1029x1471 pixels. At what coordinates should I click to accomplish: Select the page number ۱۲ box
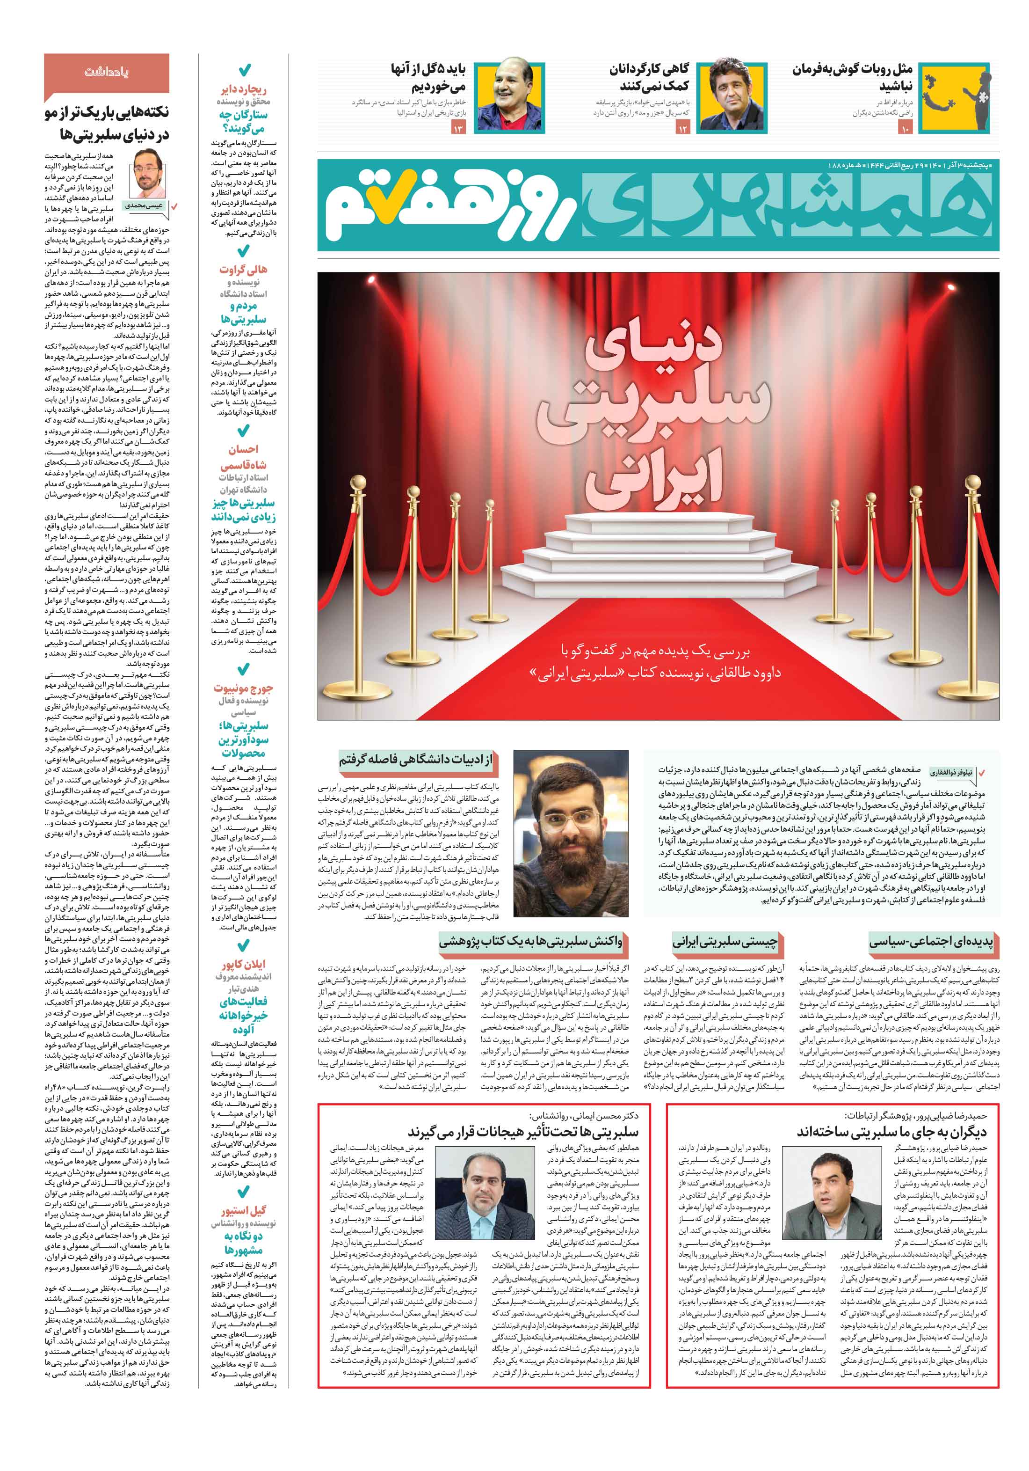[x=682, y=129]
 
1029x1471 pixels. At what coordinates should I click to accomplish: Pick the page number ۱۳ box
[x=458, y=129]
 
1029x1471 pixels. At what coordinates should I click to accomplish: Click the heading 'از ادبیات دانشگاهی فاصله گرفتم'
[x=416, y=760]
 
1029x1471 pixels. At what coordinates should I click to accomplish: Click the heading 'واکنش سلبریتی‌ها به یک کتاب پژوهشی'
[x=530, y=941]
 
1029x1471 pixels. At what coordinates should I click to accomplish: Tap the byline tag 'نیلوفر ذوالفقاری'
[x=951, y=773]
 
